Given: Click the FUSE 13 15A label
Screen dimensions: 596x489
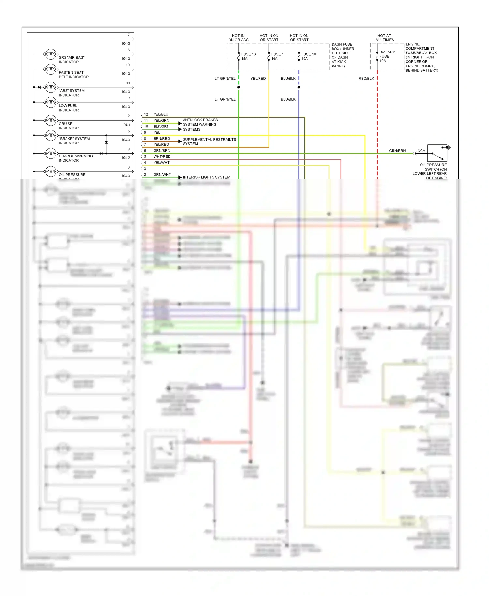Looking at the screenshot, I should (248, 56).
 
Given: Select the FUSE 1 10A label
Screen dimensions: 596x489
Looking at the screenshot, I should (277, 56).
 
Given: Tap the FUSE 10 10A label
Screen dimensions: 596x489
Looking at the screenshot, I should (308, 56).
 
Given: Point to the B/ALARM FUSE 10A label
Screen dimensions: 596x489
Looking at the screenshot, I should (387, 56).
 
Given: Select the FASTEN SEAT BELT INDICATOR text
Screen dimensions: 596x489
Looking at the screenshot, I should (73, 75).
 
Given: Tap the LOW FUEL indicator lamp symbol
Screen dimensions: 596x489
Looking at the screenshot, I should (51, 102).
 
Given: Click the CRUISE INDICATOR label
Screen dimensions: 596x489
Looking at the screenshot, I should (68, 126).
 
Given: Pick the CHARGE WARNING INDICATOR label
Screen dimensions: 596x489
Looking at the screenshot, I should (76, 158).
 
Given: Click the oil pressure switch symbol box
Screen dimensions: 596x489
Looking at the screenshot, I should (437, 153).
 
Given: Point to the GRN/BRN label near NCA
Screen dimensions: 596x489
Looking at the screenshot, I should (397, 151).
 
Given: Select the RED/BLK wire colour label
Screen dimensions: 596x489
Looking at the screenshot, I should (366, 79).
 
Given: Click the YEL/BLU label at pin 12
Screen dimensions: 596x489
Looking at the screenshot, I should (161, 114).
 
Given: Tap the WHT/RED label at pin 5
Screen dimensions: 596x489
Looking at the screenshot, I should (162, 156).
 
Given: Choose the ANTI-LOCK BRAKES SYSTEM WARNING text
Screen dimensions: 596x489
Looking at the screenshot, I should (200, 122).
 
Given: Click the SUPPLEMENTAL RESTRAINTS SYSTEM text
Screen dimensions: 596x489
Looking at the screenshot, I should (209, 142).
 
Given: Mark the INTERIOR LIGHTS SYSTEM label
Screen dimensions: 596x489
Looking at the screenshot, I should (206, 177).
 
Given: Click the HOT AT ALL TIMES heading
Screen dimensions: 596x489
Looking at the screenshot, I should (384, 38).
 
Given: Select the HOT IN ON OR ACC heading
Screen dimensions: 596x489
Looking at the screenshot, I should (238, 38).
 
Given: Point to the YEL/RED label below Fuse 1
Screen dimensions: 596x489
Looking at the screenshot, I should (258, 79).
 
